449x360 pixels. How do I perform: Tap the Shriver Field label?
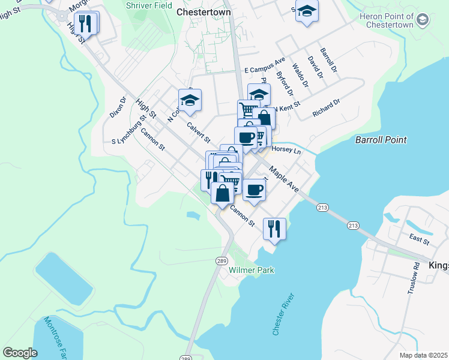tap(149, 5)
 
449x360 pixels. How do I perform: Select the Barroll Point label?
tap(381, 140)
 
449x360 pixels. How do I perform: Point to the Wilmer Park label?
tap(252, 271)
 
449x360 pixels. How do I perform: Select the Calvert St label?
tap(198, 133)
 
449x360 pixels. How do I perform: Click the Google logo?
tap(20, 352)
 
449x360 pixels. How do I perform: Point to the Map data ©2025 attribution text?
tap(423, 355)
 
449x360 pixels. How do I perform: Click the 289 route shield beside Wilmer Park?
tap(221, 260)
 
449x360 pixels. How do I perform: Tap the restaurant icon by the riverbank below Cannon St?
tap(274, 228)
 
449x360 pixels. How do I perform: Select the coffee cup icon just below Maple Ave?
tap(254, 189)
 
